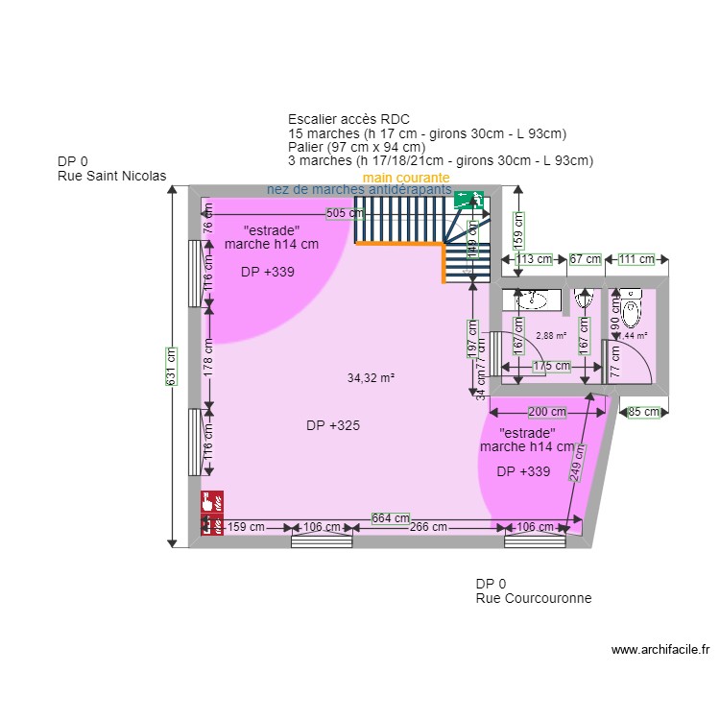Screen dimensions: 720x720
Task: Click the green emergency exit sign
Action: point(469,200)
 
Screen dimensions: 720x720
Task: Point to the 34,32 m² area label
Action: point(372,378)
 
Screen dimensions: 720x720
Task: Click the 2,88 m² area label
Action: point(551,336)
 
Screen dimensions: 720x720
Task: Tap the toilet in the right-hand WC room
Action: point(631,310)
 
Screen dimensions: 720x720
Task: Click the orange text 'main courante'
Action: point(406,179)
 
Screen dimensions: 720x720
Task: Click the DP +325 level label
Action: point(333,425)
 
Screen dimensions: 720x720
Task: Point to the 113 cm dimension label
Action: point(535,259)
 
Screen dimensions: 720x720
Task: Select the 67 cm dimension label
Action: point(585,259)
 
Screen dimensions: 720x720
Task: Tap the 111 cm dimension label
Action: point(636,259)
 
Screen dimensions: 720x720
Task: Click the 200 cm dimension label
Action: point(547,412)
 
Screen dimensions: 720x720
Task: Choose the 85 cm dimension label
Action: point(644,412)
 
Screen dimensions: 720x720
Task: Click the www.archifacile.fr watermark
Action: point(660,650)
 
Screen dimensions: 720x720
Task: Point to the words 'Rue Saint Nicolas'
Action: point(111,176)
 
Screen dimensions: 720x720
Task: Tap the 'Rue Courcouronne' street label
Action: point(533,598)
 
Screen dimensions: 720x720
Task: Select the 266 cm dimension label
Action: point(428,527)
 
